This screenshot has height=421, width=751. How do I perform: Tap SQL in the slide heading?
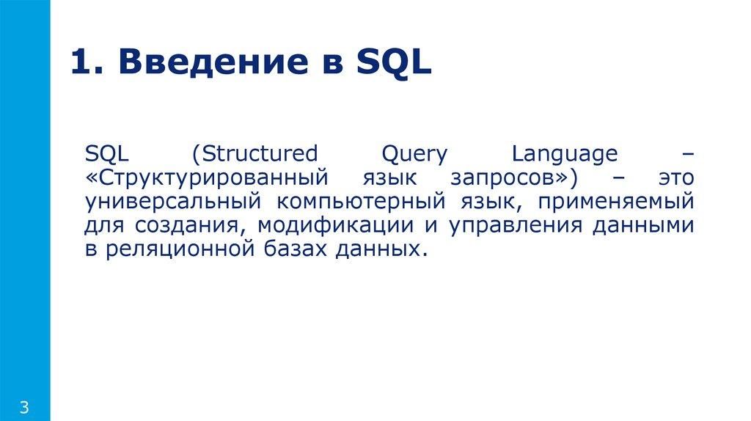coord(394,64)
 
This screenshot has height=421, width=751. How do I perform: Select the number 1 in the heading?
coord(82,64)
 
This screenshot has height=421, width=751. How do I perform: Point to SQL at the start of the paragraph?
coord(107,155)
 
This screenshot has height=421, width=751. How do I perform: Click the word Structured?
coord(256,155)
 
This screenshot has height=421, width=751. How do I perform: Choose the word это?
coord(674,178)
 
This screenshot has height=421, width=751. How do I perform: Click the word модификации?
coord(348,226)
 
